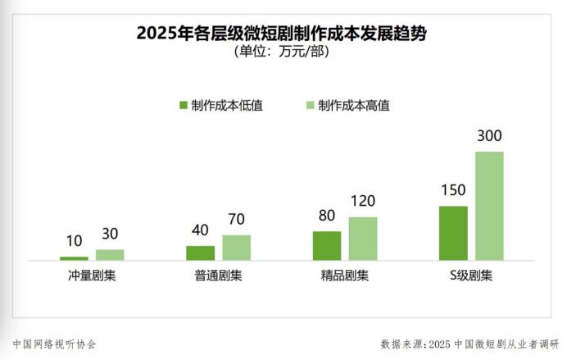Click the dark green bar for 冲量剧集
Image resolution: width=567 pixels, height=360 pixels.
(74, 258)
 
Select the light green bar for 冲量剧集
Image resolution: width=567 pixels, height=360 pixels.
(110, 255)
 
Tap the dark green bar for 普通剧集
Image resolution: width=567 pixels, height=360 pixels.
(200, 253)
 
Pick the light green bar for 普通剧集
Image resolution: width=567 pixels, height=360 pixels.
(236, 248)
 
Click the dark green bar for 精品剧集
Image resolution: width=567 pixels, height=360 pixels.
(327, 246)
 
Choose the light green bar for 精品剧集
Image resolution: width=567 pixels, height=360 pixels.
(363, 239)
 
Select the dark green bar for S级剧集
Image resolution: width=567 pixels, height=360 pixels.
(453, 233)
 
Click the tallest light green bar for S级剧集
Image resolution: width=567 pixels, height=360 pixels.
(489, 206)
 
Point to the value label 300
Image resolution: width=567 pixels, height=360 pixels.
(489, 136)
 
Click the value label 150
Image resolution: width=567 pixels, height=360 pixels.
(453, 190)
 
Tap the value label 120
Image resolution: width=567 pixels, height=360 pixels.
(363, 202)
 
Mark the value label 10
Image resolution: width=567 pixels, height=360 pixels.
(74, 241)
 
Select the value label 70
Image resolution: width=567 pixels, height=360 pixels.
(236, 219)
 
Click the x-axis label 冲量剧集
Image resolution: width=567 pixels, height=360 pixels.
(92, 276)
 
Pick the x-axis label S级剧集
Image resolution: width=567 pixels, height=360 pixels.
(470, 276)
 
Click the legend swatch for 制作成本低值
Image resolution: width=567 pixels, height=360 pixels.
(184, 106)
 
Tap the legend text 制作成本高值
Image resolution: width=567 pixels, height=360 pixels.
(353, 106)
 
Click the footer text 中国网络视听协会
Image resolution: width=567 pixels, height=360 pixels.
(55, 344)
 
